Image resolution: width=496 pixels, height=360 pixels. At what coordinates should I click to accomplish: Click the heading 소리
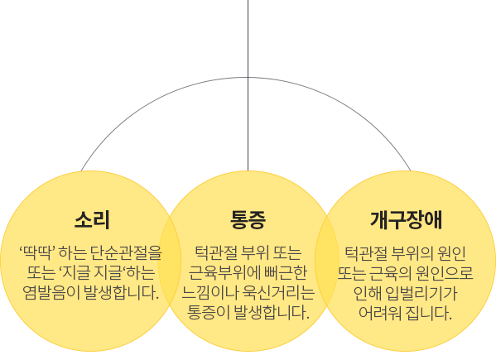(x=92, y=220)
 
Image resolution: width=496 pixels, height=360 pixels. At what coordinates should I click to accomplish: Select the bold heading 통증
(x=248, y=220)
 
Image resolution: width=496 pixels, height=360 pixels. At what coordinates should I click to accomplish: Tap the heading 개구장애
(x=406, y=220)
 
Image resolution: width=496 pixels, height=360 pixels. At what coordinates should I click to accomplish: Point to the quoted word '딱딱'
(x=37, y=253)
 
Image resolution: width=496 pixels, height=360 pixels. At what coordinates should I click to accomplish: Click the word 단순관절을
(x=126, y=253)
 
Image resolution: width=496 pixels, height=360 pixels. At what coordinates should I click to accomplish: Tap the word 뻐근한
(x=286, y=272)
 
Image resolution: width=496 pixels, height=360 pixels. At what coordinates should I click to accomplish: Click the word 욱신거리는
(x=278, y=292)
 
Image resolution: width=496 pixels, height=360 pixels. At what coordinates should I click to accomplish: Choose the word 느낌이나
(x=209, y=292)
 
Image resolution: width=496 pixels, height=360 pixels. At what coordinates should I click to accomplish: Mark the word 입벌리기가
(x=421, y=293)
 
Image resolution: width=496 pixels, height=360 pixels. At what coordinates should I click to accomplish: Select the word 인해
(x=368, y=293)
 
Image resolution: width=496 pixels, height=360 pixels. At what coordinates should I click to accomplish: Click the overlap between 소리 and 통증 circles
(x=170, y=261)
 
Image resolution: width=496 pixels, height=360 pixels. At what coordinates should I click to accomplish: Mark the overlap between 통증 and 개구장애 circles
(x=327, y=261)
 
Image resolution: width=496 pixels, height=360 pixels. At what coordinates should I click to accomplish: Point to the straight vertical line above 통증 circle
(x=248, y=85)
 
